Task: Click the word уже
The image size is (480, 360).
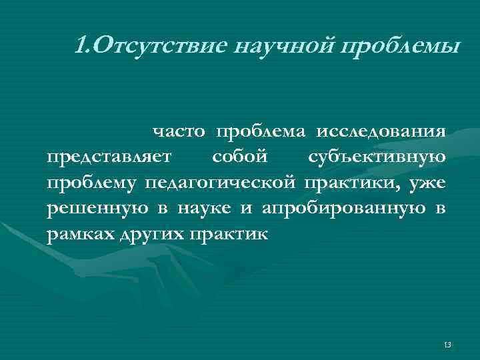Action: click(x=429, y=183)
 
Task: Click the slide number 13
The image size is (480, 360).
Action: click(x=447, y=344)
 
